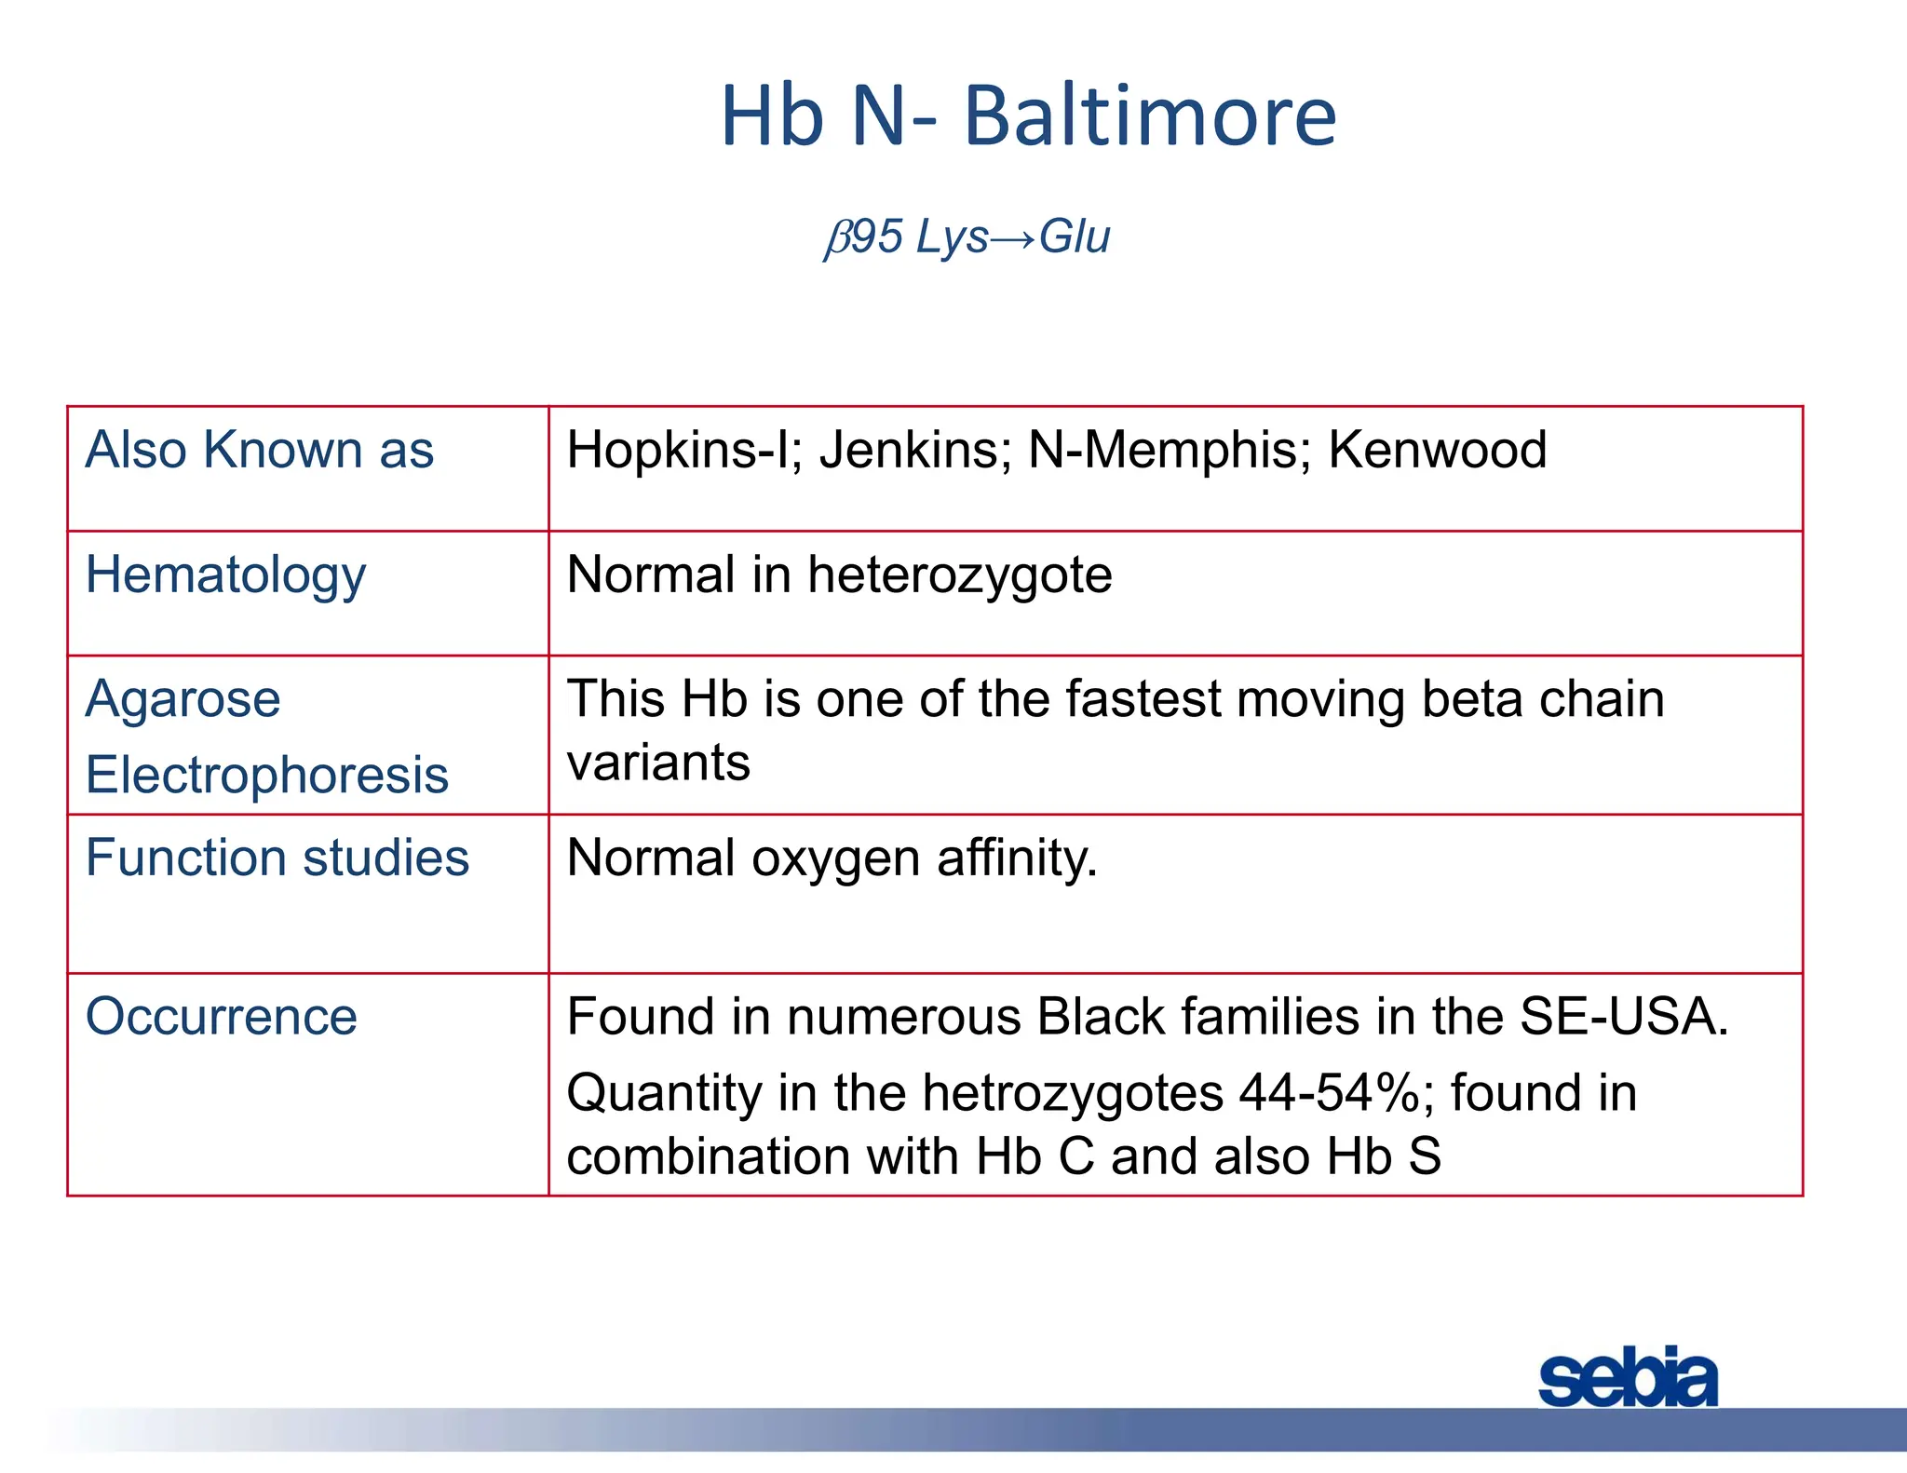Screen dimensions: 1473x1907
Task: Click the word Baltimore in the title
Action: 1150,116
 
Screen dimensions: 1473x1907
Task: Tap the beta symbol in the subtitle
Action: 837,237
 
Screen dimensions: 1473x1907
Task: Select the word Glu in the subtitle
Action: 1075,236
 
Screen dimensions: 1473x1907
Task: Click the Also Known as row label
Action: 259,450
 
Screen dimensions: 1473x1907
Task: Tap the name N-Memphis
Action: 1169,450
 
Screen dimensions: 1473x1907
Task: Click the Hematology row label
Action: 225,575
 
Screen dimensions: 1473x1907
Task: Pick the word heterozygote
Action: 959,575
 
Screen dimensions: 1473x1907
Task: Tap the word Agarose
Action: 183,699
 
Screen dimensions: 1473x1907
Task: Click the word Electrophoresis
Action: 267,775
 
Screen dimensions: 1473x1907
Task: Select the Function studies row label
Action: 277,858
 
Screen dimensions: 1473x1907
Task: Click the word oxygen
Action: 835,858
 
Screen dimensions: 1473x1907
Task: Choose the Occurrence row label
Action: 221,1016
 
